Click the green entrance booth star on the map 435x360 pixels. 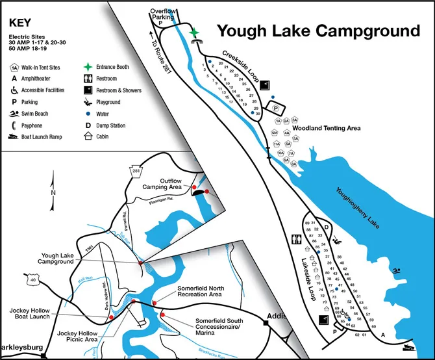pyautogui.click(x=193, y=32)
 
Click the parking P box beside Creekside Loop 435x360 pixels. pyautogui.click(x=275, y=108)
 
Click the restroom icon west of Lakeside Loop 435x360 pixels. pyautogui.click(x=297, y=238)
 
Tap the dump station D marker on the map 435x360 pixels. pyautogui.click(x=327, y=227)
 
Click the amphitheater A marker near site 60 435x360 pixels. pyautogui.click(x=384, y=334)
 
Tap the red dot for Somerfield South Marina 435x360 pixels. pyautogui.click(x=162, y=315)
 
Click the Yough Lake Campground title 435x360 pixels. pyautogui.click(x=317, y=31)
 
